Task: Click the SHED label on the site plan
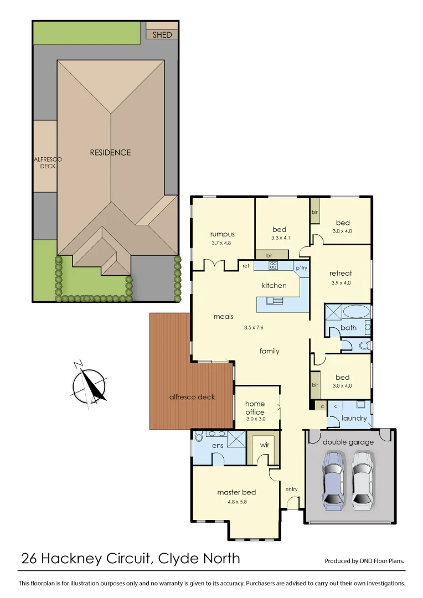[162, 35]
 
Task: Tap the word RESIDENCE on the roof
[111, 152]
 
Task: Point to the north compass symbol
[89, 385]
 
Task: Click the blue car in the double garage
[334, 480]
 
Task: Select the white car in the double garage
[363, 480]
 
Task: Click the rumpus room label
[223, 234]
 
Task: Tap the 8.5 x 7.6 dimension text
[254, 327]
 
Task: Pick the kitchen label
[274, 286]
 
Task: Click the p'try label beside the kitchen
[301, 269]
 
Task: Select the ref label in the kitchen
[246, 266]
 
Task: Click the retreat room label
[341, 274]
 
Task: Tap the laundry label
[354, 418]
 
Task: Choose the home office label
[255, 408]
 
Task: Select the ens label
[217, 445]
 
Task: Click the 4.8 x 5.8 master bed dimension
[236, 502]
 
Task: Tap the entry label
[292, 489]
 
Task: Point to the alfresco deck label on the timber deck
[192, 397]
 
